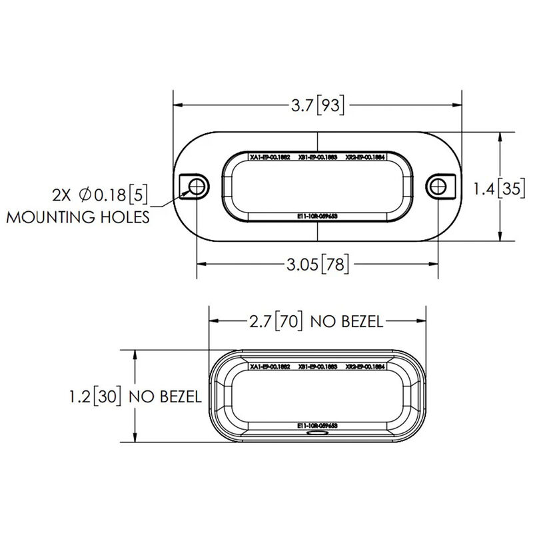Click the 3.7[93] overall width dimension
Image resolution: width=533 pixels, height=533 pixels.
pos(317,105)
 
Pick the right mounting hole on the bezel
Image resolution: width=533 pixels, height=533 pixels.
pos(437,187)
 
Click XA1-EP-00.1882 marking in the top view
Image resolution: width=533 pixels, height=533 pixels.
pos(269,159)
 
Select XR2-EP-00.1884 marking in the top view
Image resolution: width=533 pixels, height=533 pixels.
pos(366,159)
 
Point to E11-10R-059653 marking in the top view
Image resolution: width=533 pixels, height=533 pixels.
pos(317,217)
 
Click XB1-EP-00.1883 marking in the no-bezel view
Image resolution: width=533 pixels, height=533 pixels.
pos(317,367)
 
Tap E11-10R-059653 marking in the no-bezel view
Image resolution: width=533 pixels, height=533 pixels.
pos(317,424)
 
